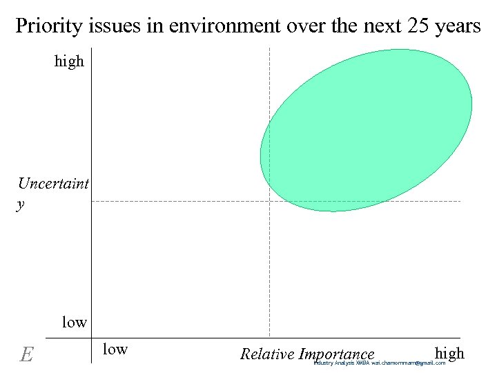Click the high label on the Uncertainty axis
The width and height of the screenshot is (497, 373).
[x=69, y=61]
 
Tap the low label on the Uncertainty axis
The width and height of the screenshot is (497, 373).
[x=75, y=322]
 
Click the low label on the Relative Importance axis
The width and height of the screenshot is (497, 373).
[x=115, y=349]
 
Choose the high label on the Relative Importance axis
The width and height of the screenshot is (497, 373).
[x=449, y=353]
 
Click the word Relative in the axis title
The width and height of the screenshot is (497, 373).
[x=267, y=354]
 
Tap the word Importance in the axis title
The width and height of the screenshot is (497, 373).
[x=337, y=354]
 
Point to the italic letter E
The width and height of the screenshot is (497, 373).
[x=26, y=354]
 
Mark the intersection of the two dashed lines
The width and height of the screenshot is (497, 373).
[x=269, y=201]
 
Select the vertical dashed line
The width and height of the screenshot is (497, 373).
[x=269, y=276]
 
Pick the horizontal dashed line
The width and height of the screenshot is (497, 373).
[x=173, y=201]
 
